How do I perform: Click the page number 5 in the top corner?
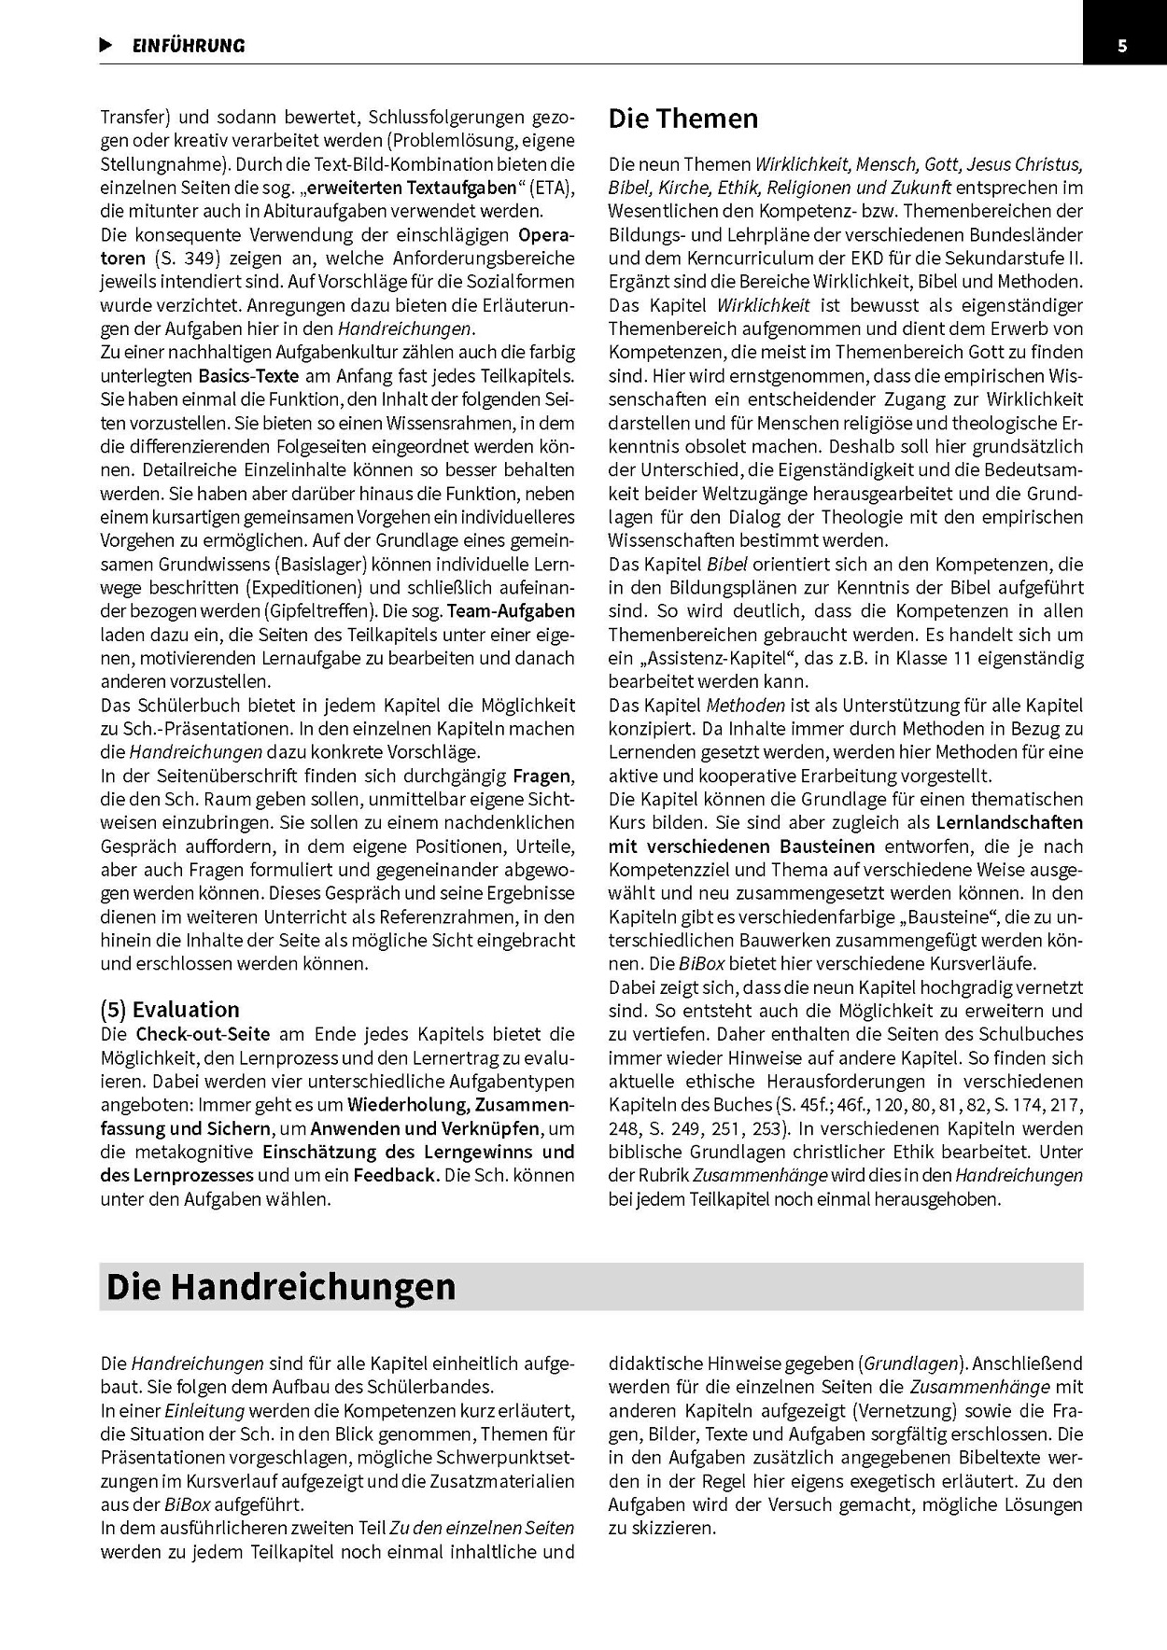1122,46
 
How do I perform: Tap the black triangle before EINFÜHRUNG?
106,45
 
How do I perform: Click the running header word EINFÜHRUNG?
189,46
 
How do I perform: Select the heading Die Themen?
682,119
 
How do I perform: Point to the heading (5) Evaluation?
170,1009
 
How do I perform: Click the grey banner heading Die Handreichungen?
281,1286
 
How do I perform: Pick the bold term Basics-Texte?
248,376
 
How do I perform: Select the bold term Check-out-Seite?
203,1034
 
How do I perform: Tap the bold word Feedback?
396,1175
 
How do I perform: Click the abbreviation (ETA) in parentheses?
552,188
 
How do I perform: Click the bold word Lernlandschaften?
1010,822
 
